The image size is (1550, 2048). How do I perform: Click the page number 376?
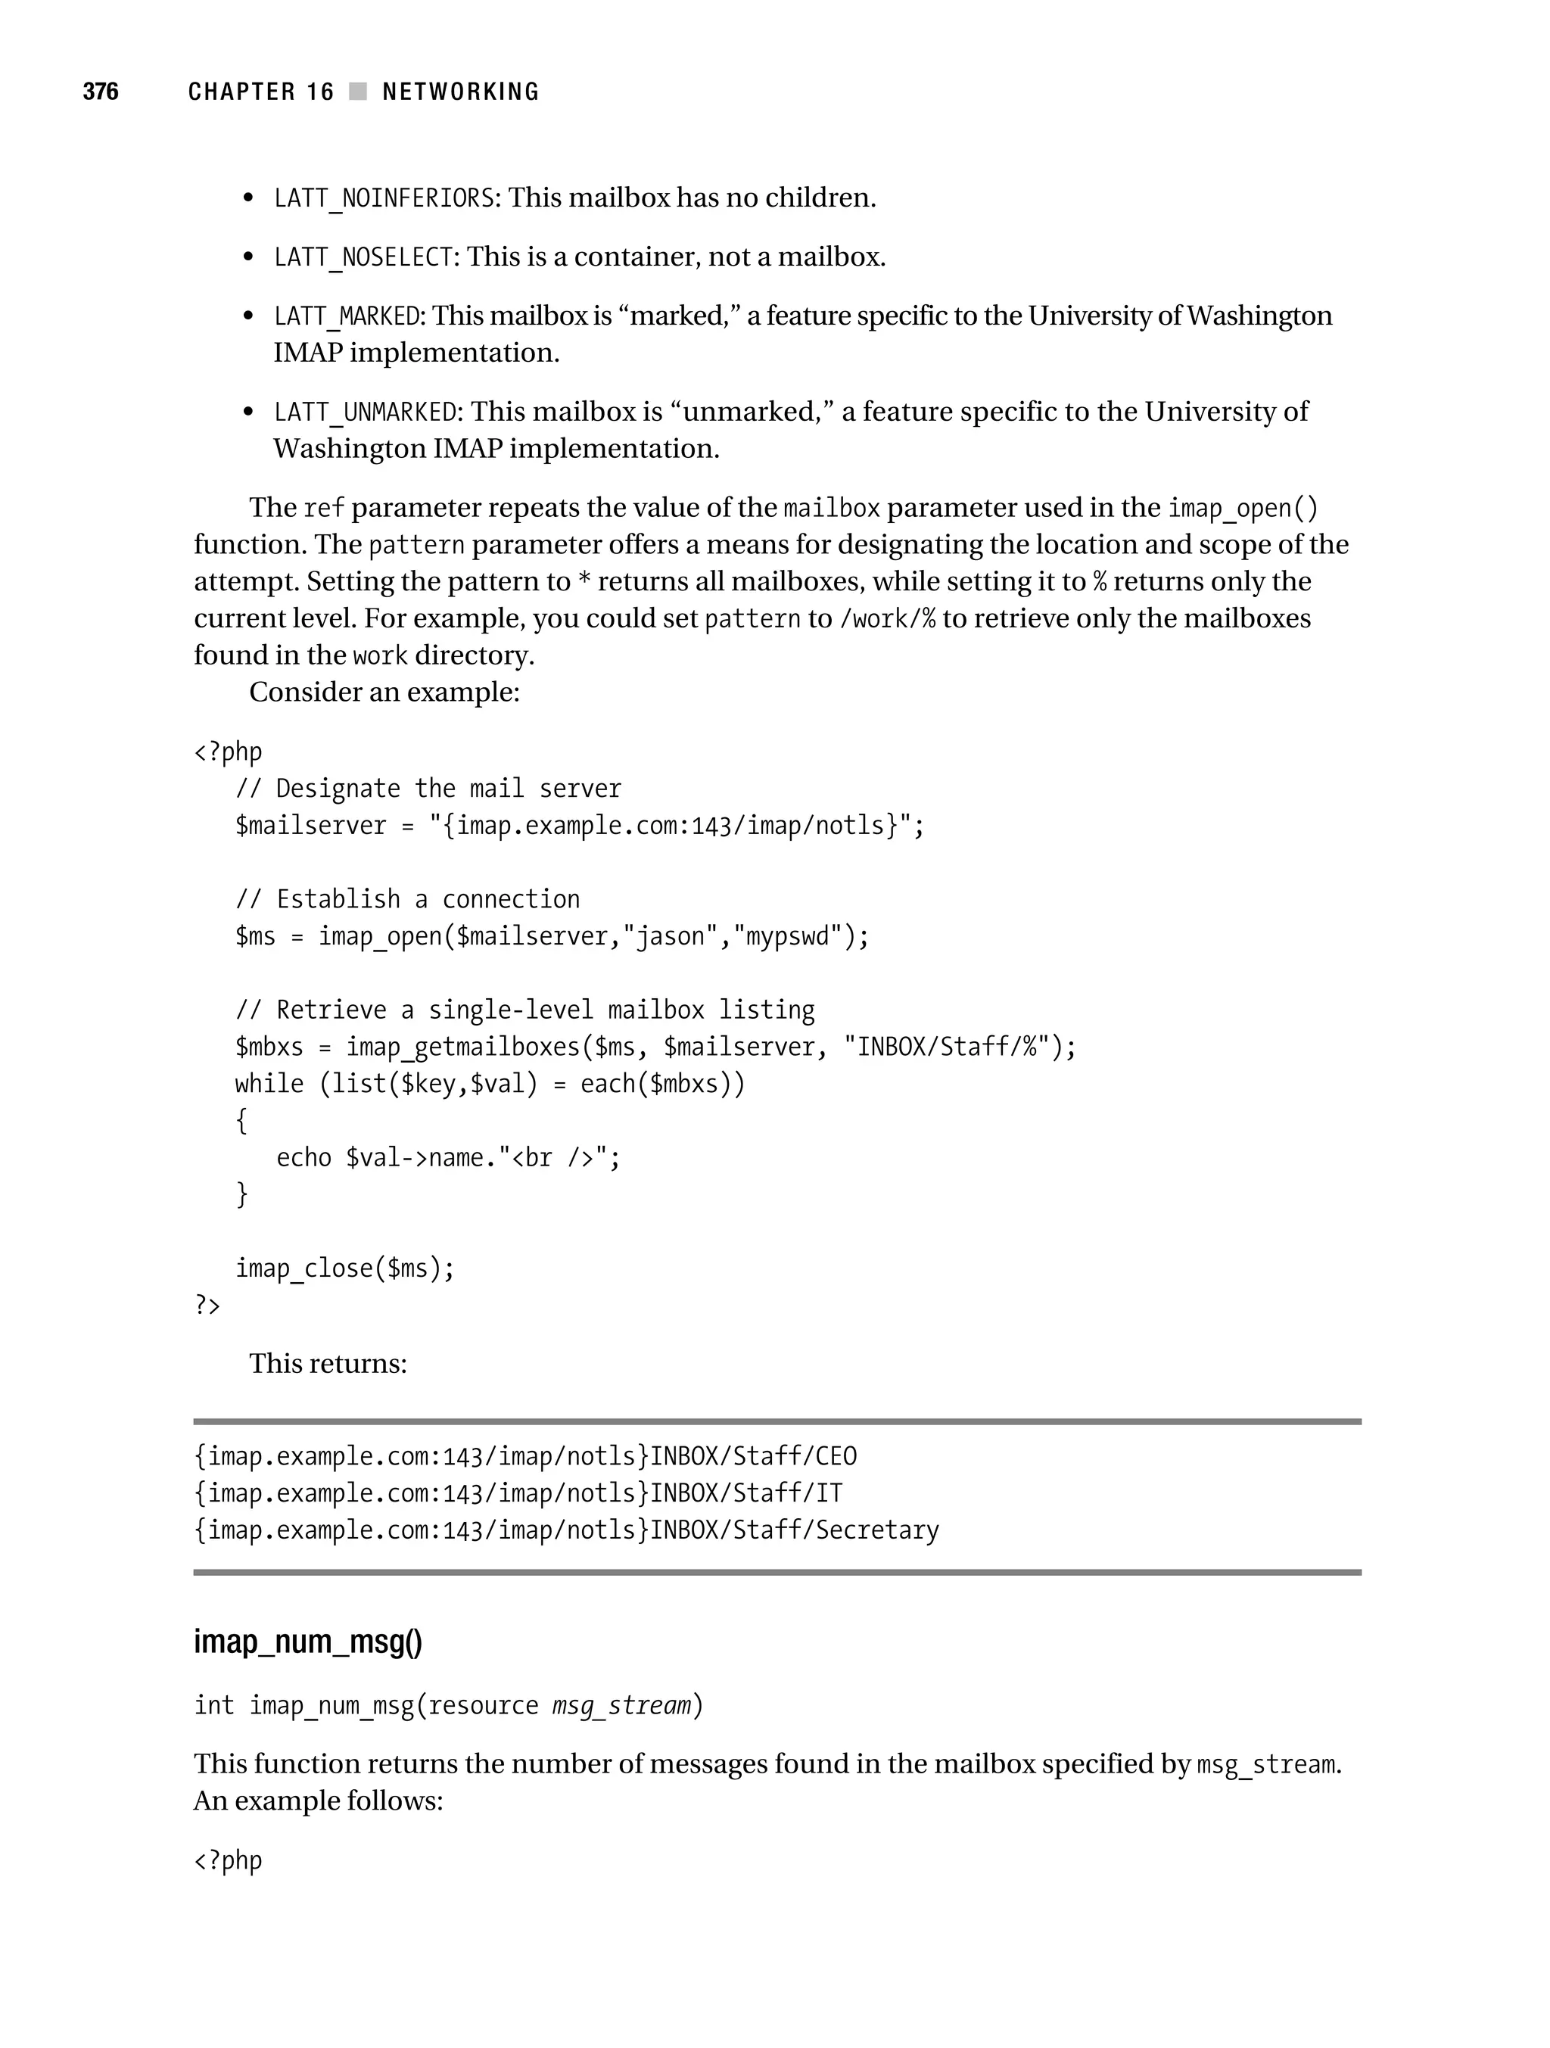click(100, 91)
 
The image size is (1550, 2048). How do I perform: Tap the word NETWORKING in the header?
click(460, 92)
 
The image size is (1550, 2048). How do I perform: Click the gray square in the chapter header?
click(357, 91)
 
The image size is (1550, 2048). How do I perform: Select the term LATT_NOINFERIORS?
click(384, 198)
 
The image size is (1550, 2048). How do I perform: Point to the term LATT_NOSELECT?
click(363, 257)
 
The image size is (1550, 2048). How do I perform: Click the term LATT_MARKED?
click(347, 316)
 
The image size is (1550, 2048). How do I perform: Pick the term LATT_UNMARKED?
click(365, 412)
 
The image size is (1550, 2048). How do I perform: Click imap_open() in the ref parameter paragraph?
click(1242, 509)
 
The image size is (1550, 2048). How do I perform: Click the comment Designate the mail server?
click(428, 789)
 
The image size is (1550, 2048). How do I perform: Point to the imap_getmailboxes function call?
click(462, 1047)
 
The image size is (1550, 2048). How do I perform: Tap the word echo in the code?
click(303, 1158)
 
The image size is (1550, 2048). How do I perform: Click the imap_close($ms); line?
click(344, 1268)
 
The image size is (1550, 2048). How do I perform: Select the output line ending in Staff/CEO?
click(525, 1456)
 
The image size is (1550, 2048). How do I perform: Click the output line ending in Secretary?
click(566, 1530)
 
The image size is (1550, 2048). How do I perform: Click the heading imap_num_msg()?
click(307, 1642)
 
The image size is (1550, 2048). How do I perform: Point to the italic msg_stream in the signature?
click(621, 1705)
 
